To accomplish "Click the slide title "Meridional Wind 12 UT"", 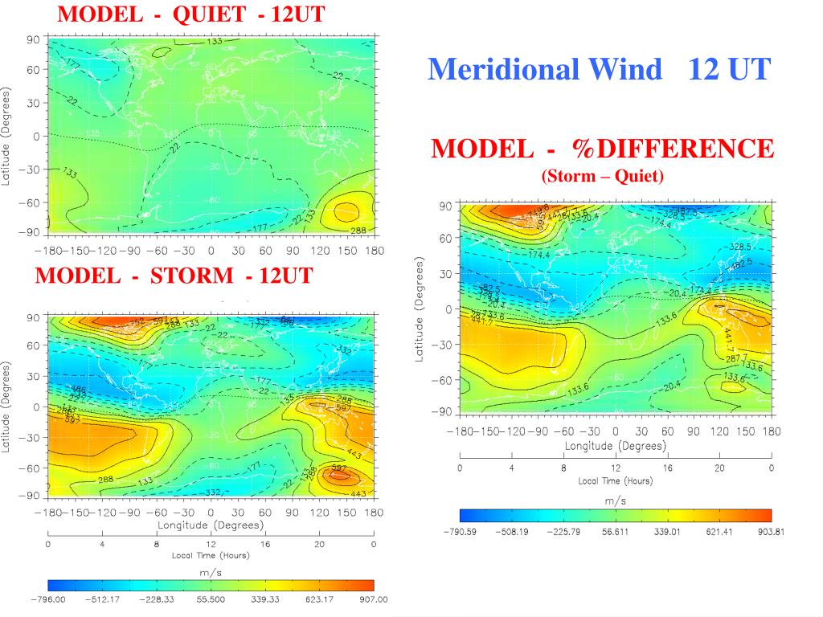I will tap(599, 70).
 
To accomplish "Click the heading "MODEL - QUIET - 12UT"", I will tap(192, 14).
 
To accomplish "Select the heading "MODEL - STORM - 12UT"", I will tap(174, 276).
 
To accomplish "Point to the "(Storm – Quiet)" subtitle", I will tap(603, 176).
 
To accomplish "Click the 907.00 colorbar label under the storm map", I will tap(373, 599).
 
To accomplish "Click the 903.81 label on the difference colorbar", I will tap(770, 531).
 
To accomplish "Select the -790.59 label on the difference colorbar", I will tap(461, 531).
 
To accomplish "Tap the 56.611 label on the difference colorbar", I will tap(615, 531).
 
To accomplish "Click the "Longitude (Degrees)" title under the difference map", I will tap(615, 446).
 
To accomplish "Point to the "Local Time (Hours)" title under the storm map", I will tap(211, 555).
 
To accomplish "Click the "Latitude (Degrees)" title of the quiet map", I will tap(6, 136).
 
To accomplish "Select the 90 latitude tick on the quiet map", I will tap(33, 39).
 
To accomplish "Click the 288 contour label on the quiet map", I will tap(358, 231).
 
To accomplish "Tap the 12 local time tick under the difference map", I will tap(615, 468).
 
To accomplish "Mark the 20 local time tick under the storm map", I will tap(319, 543).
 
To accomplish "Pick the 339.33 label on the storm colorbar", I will tap(264, 599).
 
